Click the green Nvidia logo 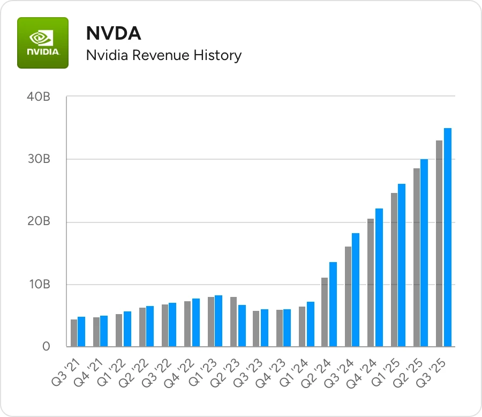(43, 43)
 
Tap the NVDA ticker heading (114, 34)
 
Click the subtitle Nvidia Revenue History (164, 55)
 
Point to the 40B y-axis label (38, 97)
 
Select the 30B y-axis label (38, 160)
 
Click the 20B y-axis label (38, 222)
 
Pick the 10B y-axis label (38, 285)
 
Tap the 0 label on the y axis (47, 347)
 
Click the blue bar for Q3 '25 (448, 237)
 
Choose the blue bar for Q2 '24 (333, 304)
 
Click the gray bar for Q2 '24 (325, 312)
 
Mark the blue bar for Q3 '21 (81, 332)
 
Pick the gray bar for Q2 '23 (234, 322)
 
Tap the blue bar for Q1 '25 (402, 265)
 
